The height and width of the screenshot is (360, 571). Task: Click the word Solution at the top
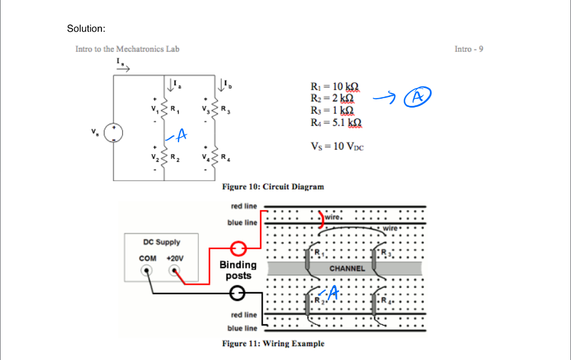86,28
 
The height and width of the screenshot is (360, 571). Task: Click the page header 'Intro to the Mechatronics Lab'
127,49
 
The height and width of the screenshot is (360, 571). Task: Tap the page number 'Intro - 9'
468,49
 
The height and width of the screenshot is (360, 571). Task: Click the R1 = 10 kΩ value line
334,86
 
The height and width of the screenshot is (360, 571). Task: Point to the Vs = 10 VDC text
337,147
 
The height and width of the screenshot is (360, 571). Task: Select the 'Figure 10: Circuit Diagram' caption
273,187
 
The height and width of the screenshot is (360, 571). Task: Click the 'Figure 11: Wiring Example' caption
273,343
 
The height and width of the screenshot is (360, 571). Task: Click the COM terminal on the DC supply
147,271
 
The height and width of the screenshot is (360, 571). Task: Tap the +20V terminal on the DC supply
175,271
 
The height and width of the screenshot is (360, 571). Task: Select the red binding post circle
238,247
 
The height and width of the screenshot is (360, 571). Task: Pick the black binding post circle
238,293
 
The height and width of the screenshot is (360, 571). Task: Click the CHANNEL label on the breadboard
347,269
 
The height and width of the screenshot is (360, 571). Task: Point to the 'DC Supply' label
162,242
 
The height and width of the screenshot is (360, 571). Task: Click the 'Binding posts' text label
238,270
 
